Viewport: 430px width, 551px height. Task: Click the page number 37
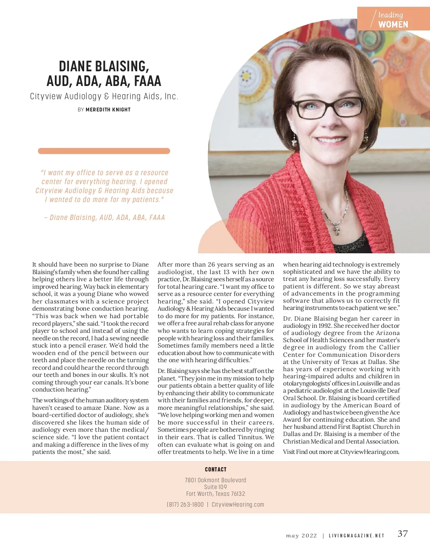click(x=402, y=533)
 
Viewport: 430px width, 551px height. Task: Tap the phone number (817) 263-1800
click(x=185, y=504)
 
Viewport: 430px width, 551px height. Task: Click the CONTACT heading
click(x=215, y=469)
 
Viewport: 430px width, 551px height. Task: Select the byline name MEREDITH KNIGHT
click(x=108, y=110)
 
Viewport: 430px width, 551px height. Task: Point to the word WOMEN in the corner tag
click(x=393, y=24)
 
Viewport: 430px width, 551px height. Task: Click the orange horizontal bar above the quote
click(x=104, y=151)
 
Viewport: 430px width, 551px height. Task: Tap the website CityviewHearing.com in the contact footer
click(x=238, y=504)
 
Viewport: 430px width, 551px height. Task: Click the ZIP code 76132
click(x=238, y=494)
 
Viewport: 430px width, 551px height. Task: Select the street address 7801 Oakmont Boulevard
click(x=215, y=480)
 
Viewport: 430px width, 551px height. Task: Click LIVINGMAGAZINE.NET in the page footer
click(x=356, y=536)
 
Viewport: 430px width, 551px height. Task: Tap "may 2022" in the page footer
click(x=301, y=536)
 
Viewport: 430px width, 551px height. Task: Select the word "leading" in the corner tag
click(x=391, y=15)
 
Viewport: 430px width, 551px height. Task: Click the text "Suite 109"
click(x=215, y=487)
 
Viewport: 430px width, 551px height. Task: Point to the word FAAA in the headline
click(x=147, y=81)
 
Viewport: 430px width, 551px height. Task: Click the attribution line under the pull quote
click(x=104, y=217)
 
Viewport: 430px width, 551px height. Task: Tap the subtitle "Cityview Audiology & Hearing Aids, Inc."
click(x=104, y=96)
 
